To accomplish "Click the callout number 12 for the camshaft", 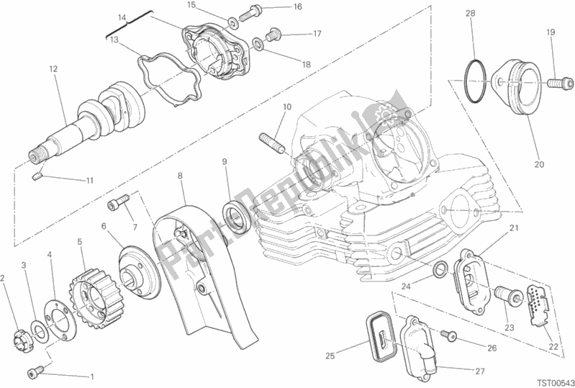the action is [53, 68].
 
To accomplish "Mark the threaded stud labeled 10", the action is [273, 143].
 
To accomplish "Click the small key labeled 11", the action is [37, 176].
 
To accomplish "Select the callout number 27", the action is [480, 371].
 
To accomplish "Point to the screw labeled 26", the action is [448, 334].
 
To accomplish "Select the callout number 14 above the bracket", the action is [122, 17].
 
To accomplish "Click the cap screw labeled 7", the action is [119, 202].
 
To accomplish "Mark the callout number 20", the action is [539, 165].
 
